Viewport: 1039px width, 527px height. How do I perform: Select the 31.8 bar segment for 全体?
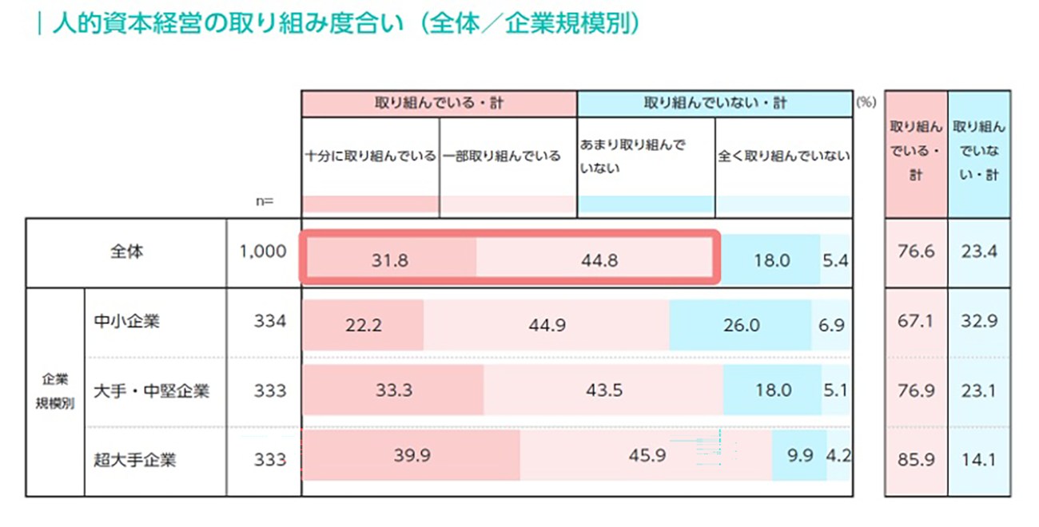click(391, 260)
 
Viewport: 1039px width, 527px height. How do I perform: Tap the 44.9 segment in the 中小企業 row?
click(547, 326)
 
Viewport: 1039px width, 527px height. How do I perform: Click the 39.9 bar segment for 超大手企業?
click(412, 455)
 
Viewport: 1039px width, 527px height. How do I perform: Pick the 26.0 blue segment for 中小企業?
click(741, 326)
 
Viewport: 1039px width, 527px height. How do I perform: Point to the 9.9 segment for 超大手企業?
click(799, 455)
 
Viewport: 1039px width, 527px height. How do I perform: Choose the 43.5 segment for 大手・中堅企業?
click(603, 390)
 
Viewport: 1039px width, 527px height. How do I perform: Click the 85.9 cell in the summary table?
click(915, 460)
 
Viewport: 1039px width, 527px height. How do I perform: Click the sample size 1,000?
click(263, 252)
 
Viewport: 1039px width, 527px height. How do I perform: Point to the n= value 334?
click(269, 321)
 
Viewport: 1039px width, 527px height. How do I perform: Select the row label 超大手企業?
click(135, 460)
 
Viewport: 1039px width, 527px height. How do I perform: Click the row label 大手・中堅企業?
click(152, 390)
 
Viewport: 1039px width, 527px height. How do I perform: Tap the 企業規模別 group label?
click(54, 390)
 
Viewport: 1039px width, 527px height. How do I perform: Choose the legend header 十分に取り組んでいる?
click(371, 157)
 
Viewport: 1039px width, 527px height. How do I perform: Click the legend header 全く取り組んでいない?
click(783, 157)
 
